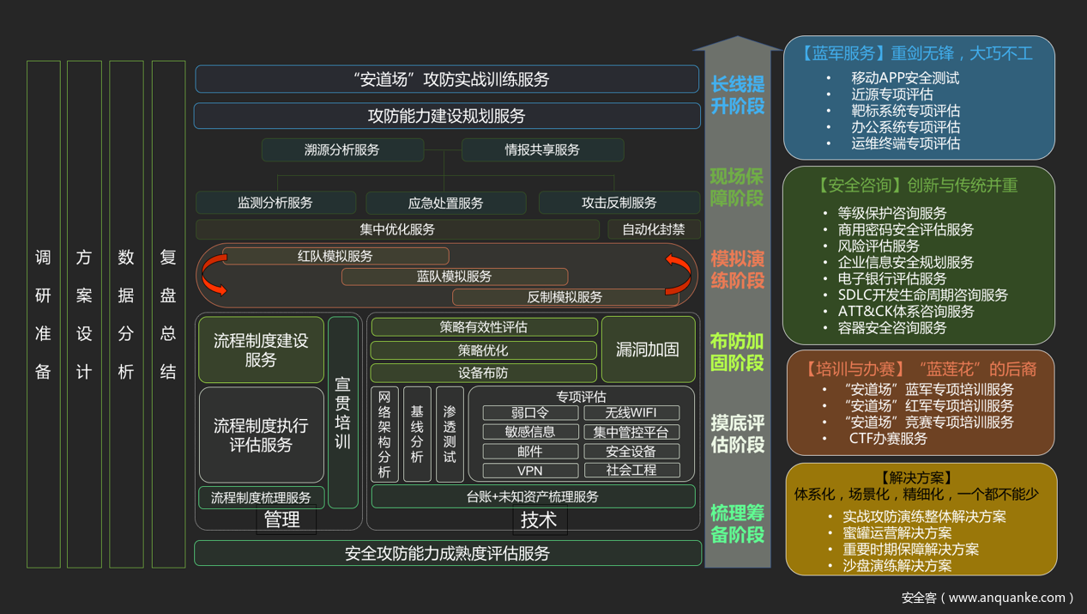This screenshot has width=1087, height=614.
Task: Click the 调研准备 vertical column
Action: coord(44,314)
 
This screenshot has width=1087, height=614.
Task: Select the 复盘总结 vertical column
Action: coord(168,314)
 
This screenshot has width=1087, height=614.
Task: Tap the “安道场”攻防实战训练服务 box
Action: coord(447,80)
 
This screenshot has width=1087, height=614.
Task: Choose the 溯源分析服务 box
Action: coord(342,150)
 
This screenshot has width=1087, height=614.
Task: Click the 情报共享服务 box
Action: coord(542,150)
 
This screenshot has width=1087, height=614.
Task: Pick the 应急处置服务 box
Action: coord(445,204)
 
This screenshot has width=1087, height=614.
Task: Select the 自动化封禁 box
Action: coord(654,229)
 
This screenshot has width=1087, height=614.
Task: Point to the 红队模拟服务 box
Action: coord(335,256)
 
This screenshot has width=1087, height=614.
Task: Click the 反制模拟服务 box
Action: coord(565,297)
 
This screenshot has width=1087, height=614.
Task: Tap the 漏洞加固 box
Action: coord(648,350)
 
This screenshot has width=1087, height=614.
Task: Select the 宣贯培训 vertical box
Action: coord(343,412)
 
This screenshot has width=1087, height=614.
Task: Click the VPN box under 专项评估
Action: coord(529,471)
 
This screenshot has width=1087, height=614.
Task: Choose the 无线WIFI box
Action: coord(631,413)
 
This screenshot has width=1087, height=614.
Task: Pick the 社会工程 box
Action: coord(631,471)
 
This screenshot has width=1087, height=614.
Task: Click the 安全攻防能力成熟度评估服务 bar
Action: coord(447,554)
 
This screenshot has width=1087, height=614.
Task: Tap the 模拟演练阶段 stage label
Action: coord(737,270)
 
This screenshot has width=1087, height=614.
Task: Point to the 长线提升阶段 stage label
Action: coord(737,95)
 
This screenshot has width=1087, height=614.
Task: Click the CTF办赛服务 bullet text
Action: coord(888,439)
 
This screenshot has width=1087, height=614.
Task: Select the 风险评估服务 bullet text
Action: coord(879,246)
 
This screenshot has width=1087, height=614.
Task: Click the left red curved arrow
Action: coord(212,277)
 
